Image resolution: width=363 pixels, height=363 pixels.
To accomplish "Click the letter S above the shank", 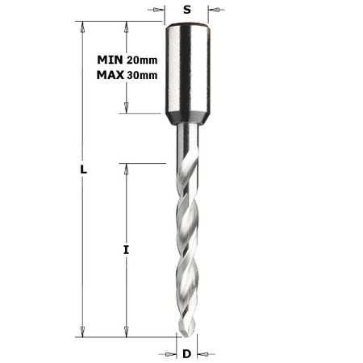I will click(186, 10).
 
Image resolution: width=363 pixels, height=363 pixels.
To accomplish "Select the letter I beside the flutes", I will click(127, 251).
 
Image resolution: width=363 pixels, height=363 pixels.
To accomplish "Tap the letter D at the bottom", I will click(186, 353).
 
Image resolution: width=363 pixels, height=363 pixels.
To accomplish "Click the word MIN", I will click(110, 60).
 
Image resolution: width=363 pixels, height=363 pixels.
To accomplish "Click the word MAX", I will click(110, 75).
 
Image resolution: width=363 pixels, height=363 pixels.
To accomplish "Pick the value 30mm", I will click(142, 75).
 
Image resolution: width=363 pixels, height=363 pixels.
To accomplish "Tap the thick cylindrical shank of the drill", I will click(187, 69).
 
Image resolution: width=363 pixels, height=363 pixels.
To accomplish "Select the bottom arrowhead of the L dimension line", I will click(82, 331).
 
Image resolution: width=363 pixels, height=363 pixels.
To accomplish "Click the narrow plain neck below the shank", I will click(186, 141).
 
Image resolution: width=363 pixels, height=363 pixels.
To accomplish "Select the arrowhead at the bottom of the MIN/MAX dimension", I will click(126, 108).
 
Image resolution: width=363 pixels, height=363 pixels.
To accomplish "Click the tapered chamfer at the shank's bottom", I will click(186, 119).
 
